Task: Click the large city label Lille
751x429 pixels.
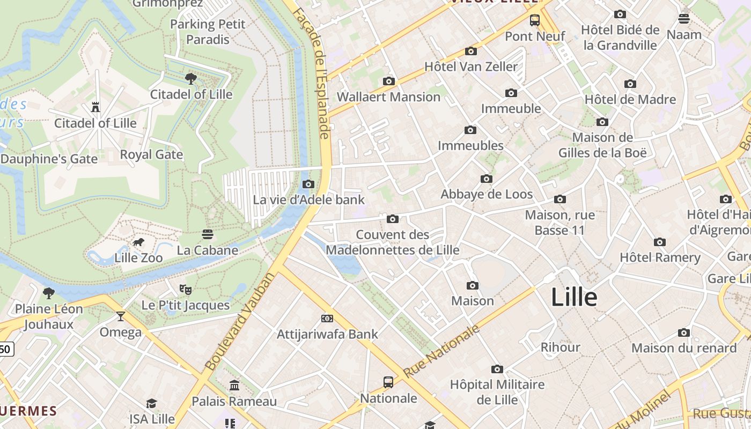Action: click(x=574, y=298)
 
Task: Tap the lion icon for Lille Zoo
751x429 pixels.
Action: click(x=138, y=242)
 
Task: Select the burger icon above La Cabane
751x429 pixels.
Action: click(x=208, y=234)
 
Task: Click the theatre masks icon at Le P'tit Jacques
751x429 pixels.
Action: click(x=186, y=290)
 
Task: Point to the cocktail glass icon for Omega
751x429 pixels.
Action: click(x=121, y=316)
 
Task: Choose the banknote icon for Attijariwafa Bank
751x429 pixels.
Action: click(x=327, y=319)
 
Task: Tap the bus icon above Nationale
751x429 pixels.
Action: click(x=388, y=382)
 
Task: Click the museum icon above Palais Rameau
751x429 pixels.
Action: click(x=234, y=386)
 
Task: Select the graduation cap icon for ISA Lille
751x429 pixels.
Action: click(x=152, y=403)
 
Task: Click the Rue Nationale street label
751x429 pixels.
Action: click(x=441, y=351)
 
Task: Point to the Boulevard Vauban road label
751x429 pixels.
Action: click(x=240, y=322)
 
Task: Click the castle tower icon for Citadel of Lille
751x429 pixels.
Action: click(x=95, y=107)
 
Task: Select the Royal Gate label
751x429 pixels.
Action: click(x=151, y=154)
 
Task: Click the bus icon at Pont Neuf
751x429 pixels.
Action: click(x=535, y=20)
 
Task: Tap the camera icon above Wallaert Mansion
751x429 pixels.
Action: click(x=389, y=82)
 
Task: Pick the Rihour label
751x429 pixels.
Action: click(x=560, y=347)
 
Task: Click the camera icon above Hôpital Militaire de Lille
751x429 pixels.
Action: click(x=497, y=369)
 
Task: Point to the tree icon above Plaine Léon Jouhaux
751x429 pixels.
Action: click(x=49, y=293)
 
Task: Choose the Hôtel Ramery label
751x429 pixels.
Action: click(x=660, y=257)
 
